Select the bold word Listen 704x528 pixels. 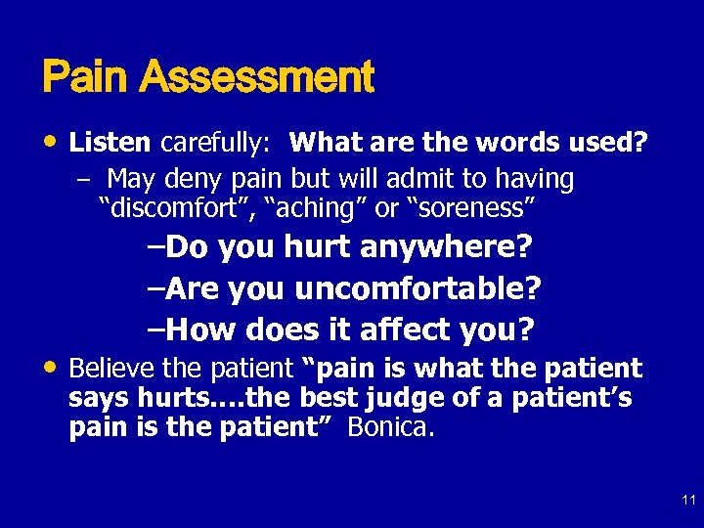[x=110, y=144]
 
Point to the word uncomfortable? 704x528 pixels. [x=418, y=289]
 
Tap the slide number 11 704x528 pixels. [x=688, y=501]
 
